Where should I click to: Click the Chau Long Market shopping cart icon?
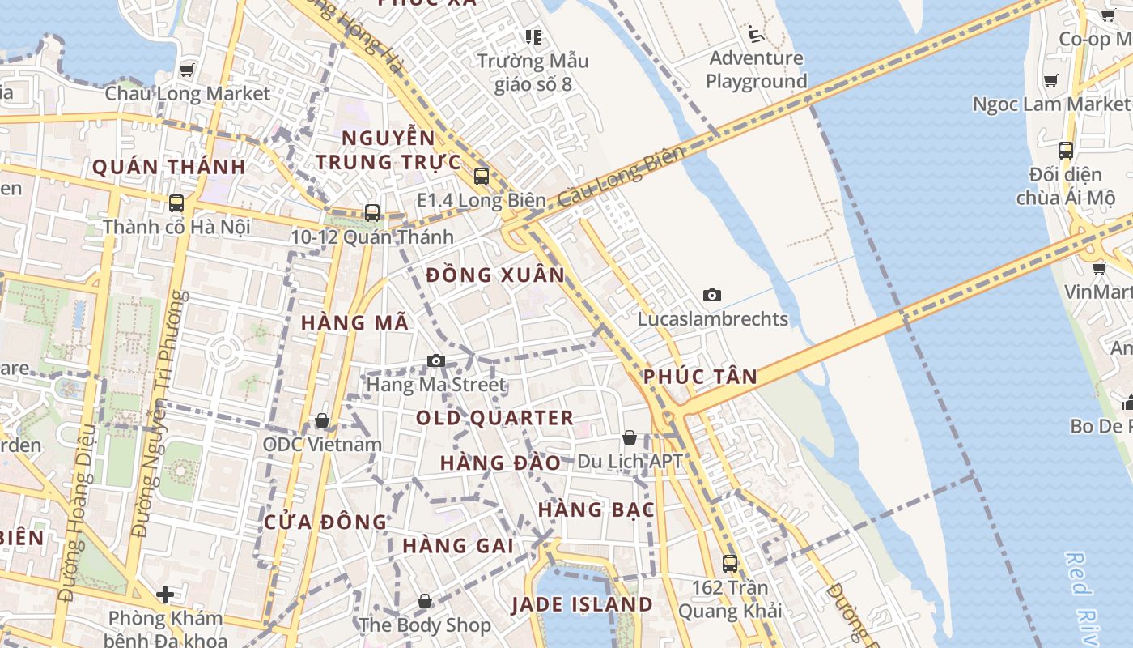(x=187, y=70)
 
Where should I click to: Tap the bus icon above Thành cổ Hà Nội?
(x=176, y=203)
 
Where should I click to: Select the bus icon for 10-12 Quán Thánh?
(x=372, y=213)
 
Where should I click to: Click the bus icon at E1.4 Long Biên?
(x=482, y=176)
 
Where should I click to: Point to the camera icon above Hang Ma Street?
(x=436, y=360)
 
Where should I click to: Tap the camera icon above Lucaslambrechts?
(x=712, y=295)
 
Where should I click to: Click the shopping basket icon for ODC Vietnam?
(x=322, y=420)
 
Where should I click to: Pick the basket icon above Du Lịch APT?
(x=630, y=437)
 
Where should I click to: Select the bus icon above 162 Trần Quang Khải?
(x=730, y=563)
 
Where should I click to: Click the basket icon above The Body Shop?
(x=425, y=601)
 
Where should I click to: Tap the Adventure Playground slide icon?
(x=755, y=34)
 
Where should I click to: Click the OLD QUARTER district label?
(x=494, y=418)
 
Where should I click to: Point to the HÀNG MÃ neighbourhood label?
(x=354, y=322)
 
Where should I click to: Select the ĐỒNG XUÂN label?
(x=495, y=275)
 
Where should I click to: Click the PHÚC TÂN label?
(x=701, y=377)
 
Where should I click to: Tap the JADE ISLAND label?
(x=582, y=604)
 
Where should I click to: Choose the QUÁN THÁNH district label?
(x=168, y=168)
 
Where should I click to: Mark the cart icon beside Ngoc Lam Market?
(x=1051, y=80)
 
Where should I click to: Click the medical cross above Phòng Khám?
(x=165, y=595)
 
